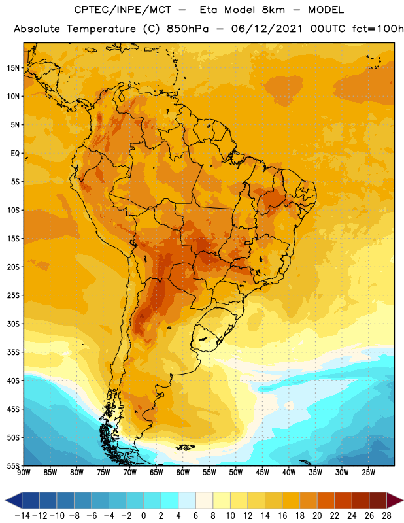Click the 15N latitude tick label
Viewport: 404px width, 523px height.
click(13, 68)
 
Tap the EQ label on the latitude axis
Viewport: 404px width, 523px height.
click(15, 154)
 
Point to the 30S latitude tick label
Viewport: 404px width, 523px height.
click(13, 324)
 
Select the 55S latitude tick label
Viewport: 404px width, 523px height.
click(13, 466)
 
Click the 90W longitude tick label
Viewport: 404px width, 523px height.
click(24, 473)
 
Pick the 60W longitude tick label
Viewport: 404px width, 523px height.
click(183, 473)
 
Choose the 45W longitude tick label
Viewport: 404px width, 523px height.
click(262, 473)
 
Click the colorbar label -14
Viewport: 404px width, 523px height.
click(22, 516)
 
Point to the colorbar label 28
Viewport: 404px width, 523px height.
click(386, 516)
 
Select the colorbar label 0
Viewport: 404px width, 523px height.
click(143, 516)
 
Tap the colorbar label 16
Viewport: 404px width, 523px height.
click(282, 516)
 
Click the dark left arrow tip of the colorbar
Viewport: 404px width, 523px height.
click(6, 500)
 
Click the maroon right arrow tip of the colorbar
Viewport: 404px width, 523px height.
click(402, 500)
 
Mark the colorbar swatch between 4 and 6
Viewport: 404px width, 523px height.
click(187, 500)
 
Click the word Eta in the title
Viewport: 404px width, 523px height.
click(209, 10)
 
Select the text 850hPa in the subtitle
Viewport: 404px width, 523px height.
click(188, 29)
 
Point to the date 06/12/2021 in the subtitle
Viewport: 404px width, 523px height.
click(267, 29)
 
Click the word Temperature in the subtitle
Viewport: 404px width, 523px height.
click(101, 29)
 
